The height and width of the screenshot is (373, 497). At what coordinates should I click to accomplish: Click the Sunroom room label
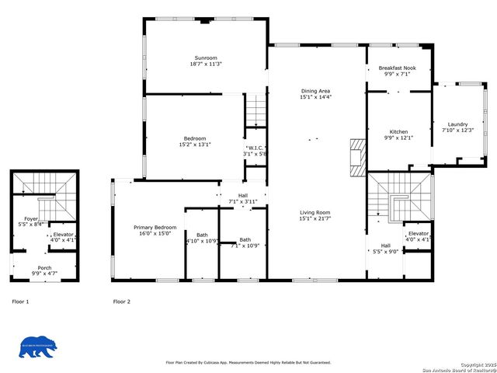click(x=206, y=58)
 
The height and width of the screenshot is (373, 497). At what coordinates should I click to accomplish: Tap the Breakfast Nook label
click(x=398, y=68)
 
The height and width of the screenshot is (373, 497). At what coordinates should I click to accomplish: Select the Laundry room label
click(x=457, y=124)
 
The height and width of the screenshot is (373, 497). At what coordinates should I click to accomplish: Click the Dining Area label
click(x=315, y=92)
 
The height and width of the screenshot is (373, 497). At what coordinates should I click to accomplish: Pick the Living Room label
click(x=315, y=212)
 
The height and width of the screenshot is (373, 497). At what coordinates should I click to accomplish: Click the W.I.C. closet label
click(x=255, y=148)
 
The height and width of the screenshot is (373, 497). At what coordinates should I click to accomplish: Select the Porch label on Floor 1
click(x=44, y=268)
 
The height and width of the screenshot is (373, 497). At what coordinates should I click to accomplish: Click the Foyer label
click(x=31, y=219)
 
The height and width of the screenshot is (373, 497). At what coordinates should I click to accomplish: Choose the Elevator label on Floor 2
click(x=418, y=234)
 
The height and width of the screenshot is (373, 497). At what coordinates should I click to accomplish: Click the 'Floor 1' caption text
click(x=20, y=301)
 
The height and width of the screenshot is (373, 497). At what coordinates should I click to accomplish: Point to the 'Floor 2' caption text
click(x=121, y=301)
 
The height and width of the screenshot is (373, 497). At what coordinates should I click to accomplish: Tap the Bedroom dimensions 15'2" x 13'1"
click(x=195, y=145)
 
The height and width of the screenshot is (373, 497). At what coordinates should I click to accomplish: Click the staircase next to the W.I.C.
click(x=255, y=111)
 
